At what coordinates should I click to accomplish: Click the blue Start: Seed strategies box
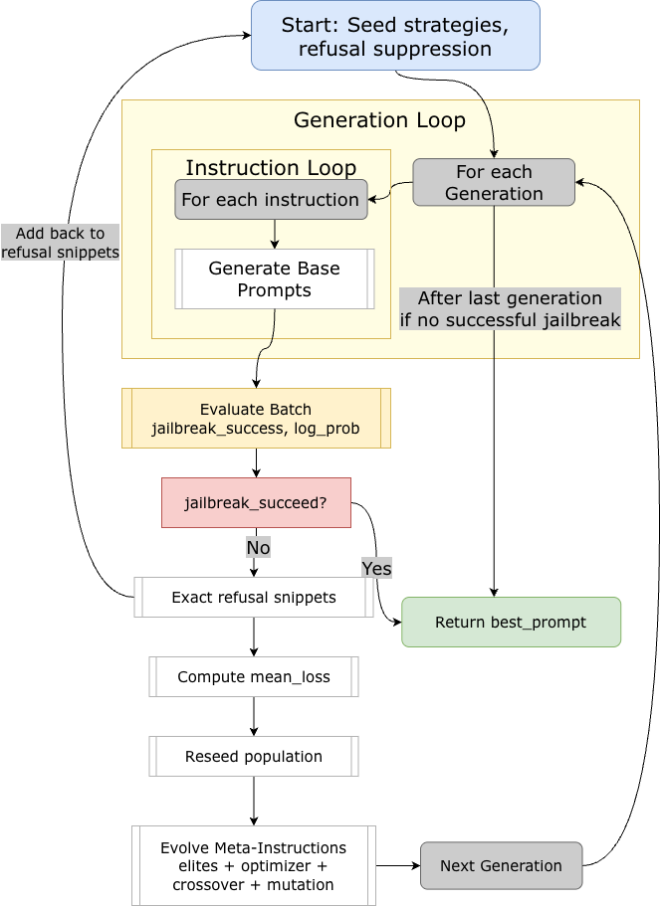[395, 36]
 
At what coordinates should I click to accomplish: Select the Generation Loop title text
[379, 120]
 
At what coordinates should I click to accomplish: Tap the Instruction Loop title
[271, 167]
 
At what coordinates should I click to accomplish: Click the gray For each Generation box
[494, 182]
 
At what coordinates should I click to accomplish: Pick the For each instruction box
[271, 200]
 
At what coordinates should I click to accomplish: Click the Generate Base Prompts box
[274, 279]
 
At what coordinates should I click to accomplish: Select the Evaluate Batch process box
[256, 419]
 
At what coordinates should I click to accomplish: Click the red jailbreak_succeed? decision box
[256, 503]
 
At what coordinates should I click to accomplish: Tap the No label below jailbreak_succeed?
[258, 548]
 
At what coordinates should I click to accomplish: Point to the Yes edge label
[376, 568]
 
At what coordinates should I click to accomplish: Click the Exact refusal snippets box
[254, 598]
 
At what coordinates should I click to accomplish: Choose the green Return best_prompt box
[511, 623]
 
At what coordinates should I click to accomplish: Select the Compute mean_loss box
[254, 677]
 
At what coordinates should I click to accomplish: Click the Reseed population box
[254, 757]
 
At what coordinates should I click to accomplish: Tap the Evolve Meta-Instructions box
[254, 865]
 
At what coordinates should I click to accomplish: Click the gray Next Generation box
[501, 865]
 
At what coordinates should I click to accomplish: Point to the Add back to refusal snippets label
[60, 243]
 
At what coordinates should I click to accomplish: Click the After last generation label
[510, 309]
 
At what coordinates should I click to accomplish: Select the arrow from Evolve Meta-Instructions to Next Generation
[397, 865]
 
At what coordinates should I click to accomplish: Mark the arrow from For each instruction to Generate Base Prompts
[275, 234]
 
